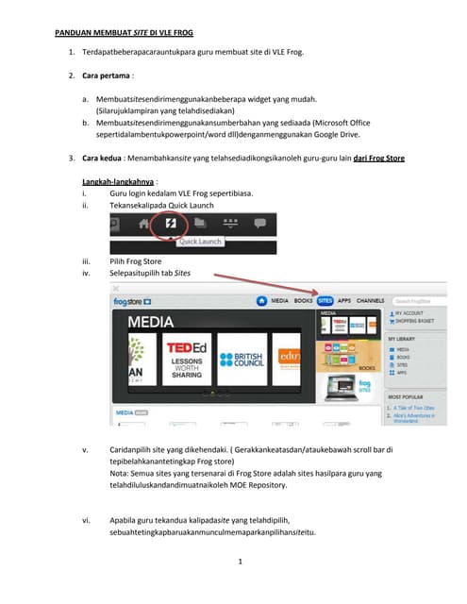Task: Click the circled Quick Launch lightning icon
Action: (x=171, y=225)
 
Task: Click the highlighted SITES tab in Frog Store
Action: (x=325, y=300)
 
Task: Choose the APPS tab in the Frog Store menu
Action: (x=347, y=300)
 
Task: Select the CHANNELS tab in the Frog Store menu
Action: (x=371, y=300)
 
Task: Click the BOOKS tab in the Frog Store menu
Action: (x=304, y=300)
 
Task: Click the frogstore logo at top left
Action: (x=133, y=301)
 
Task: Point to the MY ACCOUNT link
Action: (x=410, y=311)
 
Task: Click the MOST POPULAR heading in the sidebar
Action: (x=407, y=395)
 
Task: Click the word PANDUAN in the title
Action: (x=75, y=32)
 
